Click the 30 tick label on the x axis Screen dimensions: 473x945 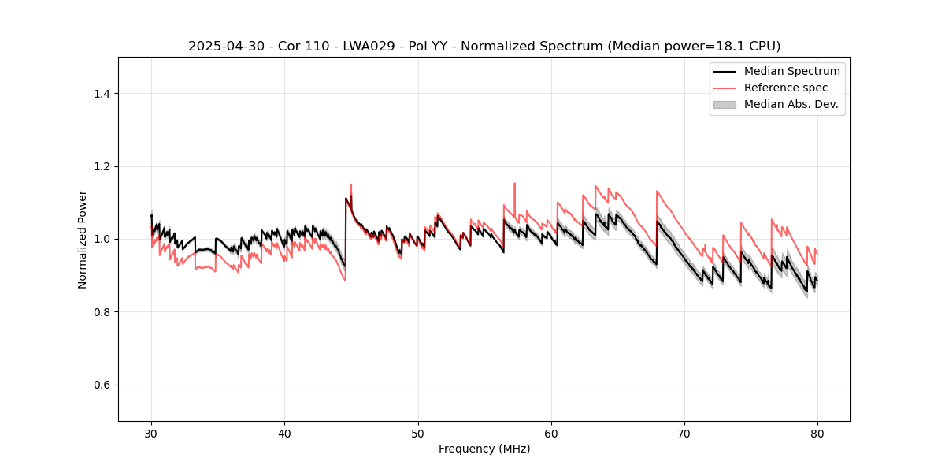(x=151, y=434)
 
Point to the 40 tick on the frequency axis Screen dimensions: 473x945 (x=284, y=434)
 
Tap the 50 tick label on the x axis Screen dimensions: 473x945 (x=417, y=434)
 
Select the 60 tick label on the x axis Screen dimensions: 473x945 (x=551, y=434)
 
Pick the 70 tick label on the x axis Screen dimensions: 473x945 (x=684, y=434)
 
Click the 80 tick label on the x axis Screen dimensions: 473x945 (x=817, y=434)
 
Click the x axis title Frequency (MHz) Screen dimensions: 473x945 (x=484, y=449)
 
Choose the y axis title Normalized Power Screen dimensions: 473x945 (x=83, y=239)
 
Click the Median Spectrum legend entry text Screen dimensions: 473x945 (x=791, y=71)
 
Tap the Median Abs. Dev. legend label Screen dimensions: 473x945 (x=791, y=104)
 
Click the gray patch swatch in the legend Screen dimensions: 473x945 (x=724, y=104)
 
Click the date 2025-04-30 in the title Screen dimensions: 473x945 (x=221, y=47)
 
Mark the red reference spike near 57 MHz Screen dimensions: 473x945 (x=514, y=185)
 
